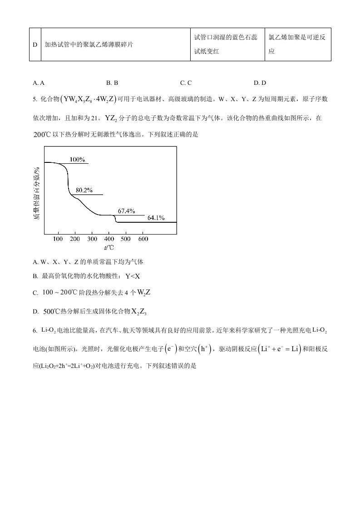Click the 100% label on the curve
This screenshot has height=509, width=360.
point(78,159)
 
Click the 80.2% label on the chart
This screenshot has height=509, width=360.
point(84,190)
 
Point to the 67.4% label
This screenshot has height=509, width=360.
point(127,211)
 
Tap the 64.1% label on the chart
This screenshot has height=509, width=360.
point(156,218)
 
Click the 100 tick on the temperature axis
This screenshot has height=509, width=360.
point(58,239)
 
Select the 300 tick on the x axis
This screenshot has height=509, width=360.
point(92,239)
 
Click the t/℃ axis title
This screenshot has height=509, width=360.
point(109,248)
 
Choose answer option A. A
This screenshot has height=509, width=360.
point(39,83)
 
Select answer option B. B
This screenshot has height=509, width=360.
point(112,83)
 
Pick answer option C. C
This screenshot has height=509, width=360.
point(186,83)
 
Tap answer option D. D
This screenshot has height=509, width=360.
point(260,83)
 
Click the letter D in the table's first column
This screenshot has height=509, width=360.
point(35,44)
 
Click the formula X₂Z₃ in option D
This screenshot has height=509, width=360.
point(139,312)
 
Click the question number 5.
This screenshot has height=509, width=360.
point(35,99)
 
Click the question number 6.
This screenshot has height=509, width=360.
point(35,330)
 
